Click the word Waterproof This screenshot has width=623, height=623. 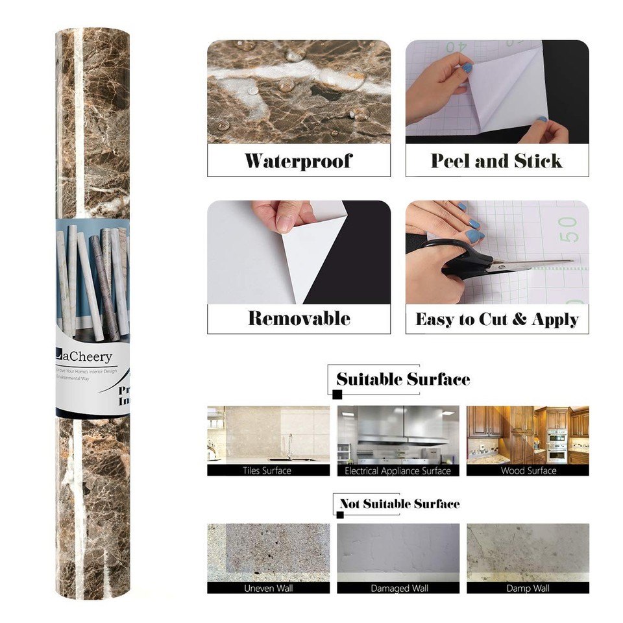point(299,161)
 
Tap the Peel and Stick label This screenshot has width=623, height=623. point(496,161)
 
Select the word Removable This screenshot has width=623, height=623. point(299,319)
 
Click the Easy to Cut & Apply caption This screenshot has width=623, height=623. point(496,319)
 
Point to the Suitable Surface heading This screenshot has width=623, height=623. point(402,379)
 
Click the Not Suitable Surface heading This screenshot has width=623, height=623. point(399,504)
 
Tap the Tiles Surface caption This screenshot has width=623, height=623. point(267,470)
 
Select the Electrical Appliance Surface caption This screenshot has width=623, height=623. point(398,470)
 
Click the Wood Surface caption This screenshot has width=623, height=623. point(528,470)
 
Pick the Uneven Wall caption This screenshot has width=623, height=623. point(267,589)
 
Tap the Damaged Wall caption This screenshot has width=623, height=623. point(398,589)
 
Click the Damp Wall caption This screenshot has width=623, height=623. point(528,589)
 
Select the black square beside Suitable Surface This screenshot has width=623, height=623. point(337,394)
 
